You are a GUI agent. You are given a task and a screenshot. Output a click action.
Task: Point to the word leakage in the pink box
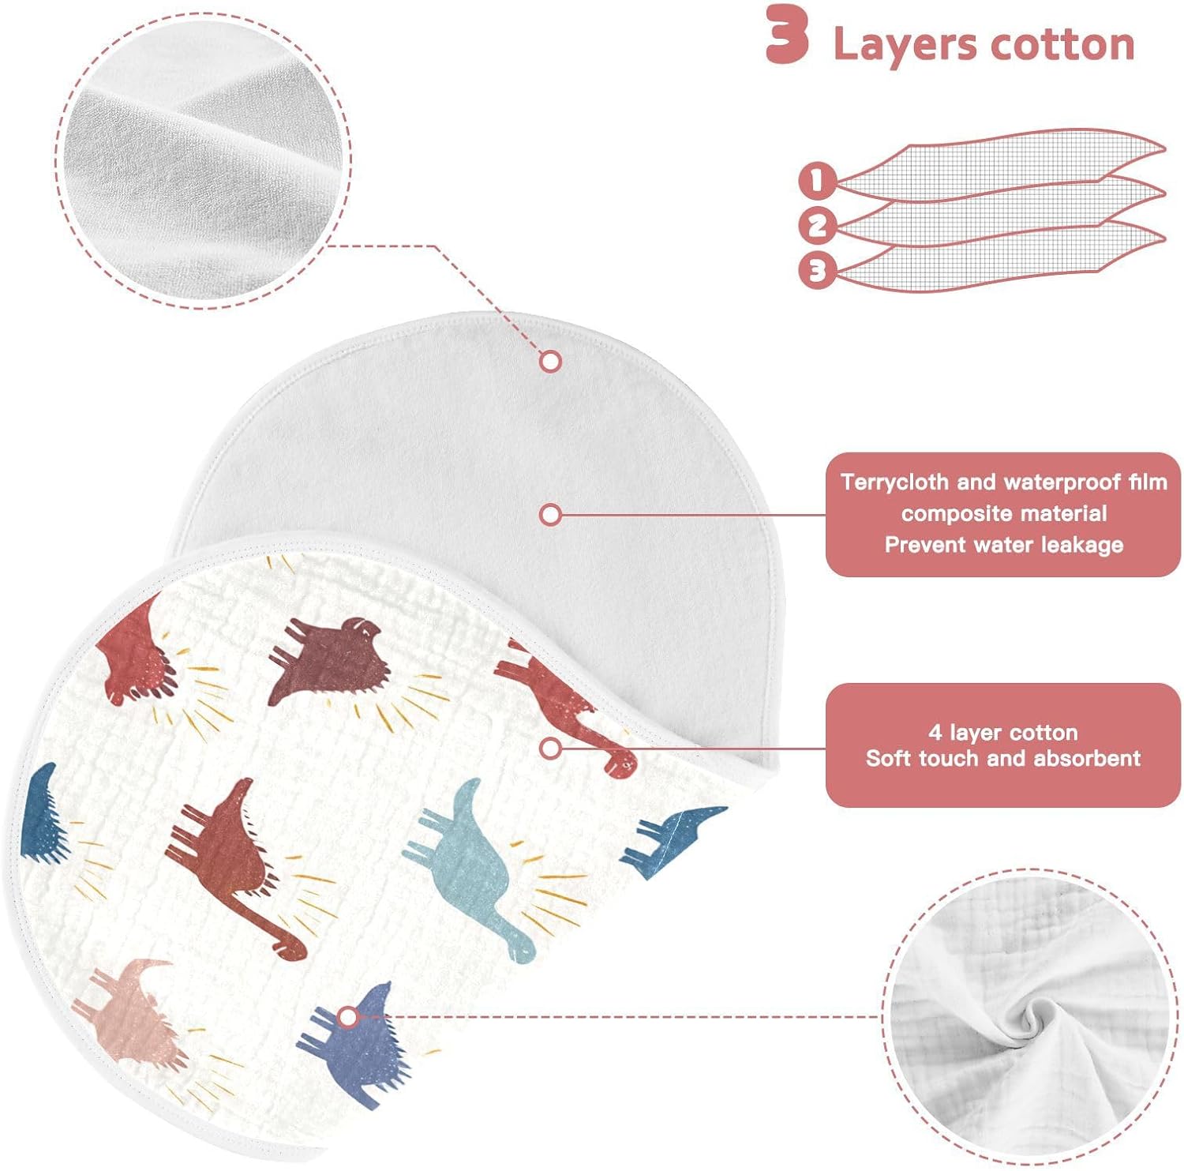click(1082, 545)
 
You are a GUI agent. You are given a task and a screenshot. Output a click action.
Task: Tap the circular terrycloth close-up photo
click(204, 160)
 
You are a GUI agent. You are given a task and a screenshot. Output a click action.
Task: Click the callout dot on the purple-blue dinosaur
click(347, 1018)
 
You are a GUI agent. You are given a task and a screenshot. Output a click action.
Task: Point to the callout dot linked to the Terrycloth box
click(550, 515)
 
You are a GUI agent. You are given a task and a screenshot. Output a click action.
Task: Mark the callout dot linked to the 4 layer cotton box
click(550, 748)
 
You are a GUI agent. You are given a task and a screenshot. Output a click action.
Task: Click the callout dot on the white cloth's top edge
click(550, 362)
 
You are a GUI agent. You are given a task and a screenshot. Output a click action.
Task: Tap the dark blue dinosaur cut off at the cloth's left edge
click(41, 813)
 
